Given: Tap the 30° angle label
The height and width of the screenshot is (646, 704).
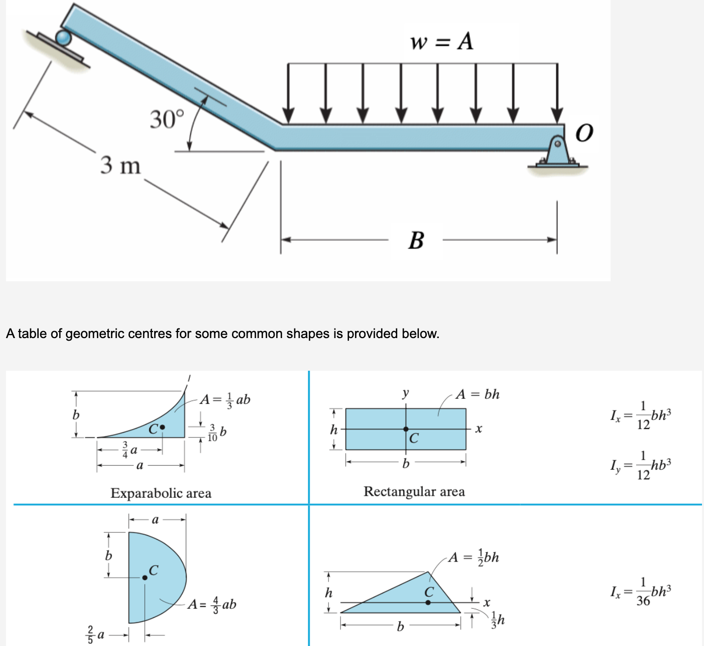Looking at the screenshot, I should point(167,119).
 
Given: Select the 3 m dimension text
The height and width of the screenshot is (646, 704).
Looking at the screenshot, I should point(121,165).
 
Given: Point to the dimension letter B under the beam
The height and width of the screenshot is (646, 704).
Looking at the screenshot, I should point(416,240).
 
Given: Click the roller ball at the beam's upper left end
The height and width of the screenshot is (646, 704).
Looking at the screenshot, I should point(64,38).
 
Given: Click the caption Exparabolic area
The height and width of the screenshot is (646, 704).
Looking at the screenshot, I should point(161,493).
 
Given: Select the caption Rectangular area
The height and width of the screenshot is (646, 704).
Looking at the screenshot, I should point(414,491).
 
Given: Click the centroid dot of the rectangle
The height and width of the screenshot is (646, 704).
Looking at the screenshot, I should point(406,429).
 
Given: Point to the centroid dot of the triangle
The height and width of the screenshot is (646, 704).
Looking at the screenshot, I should point(428,602).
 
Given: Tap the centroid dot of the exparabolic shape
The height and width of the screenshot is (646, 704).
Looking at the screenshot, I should point(162,427).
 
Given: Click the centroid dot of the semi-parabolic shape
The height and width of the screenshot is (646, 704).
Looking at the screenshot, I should point(145,578).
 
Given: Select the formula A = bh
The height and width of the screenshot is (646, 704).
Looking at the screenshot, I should point(477,394).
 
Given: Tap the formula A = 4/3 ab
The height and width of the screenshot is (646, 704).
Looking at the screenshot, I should point(211,604).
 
